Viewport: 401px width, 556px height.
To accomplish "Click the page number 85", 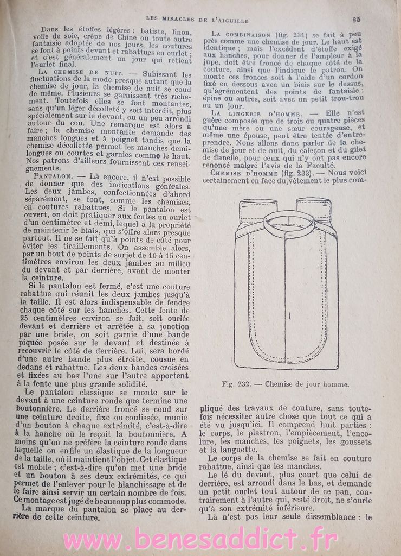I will (x=356, y=19).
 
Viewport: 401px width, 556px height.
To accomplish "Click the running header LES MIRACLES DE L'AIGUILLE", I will (x=197, y=20).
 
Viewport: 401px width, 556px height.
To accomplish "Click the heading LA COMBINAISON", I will (x=241, y=34).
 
